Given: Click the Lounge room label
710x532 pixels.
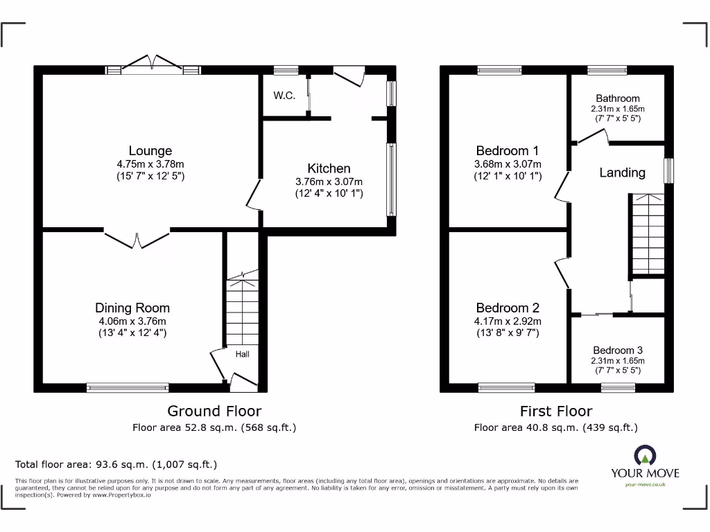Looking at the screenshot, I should point(150,151).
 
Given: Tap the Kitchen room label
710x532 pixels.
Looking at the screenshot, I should point(329,168).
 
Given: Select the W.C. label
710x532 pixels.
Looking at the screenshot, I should point(284,96).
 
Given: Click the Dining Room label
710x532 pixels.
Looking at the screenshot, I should point(132,308).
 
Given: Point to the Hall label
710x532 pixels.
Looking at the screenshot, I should point(242,355).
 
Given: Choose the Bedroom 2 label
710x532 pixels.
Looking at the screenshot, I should point(507,308).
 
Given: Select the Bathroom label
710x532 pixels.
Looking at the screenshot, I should point(617,98).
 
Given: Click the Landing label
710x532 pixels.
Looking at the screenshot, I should point(622,173).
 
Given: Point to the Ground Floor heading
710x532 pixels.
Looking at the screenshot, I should point(214,411).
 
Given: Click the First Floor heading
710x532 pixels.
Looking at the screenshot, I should point(556,411).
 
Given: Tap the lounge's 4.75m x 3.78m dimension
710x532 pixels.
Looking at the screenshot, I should point(150,164).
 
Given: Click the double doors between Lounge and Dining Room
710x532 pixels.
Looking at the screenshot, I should point(137,238).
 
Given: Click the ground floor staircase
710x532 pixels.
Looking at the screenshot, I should point(242,308).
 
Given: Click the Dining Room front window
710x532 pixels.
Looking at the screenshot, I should point(128,388).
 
